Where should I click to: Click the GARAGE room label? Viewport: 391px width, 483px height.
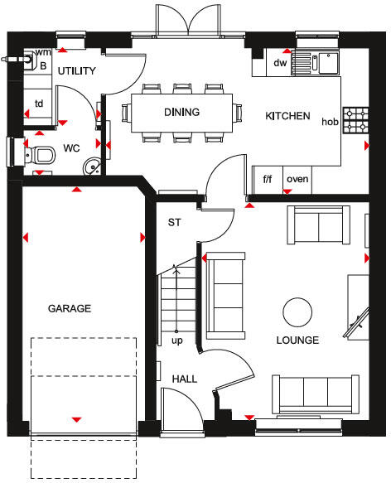click(69, 308)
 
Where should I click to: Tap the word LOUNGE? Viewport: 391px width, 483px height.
click(297, 341)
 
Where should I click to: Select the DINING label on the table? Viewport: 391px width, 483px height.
click(181, 112)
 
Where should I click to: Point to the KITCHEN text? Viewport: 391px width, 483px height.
click(287, 117)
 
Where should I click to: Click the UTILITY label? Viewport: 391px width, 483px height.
click(77, 71)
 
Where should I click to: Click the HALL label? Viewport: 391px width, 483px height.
click(185, 379)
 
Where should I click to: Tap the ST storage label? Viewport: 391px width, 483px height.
click(175, 223)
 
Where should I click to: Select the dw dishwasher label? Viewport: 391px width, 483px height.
click(280, 62)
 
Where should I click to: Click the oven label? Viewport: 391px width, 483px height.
click(297, 178)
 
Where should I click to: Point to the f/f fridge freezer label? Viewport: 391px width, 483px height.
click(268, 178)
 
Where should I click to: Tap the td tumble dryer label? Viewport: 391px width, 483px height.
click(38, 104)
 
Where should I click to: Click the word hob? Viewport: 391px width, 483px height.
click(330, 122)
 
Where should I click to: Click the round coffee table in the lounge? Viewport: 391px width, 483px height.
click(297, 312)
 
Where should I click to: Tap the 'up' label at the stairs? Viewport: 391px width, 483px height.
click(176, 341)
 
